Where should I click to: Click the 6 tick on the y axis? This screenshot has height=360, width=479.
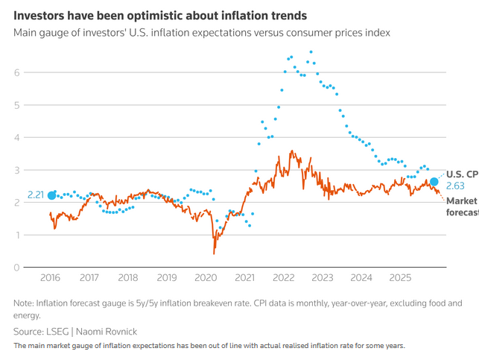(x=17, y=72)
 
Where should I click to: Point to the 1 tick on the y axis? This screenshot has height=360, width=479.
(x=17, y=235)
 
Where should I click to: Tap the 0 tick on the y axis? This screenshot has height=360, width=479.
(x=17, y=268)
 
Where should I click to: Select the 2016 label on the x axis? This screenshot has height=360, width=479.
(x=50, y=278)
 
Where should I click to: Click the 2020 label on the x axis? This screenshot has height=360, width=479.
(x=206, y=278)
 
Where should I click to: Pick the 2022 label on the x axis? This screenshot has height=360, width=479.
(x=284, y=278)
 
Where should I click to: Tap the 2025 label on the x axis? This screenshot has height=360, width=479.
(x=400, y=278)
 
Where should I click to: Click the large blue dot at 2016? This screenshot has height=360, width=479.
(x=51, y=195)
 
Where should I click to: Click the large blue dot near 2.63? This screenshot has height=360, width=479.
(x=434, y=182)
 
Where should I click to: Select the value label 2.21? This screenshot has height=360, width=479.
(x=37, y=195)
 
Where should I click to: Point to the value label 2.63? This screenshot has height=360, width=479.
(x=455, y=186)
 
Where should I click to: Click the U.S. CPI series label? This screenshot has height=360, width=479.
(x=462, y=174)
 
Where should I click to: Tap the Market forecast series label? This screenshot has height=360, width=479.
(x=462, y=206)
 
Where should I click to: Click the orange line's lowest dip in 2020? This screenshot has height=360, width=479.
(x=214, y=253)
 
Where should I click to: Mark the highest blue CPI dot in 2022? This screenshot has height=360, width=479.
(x=311, y=52)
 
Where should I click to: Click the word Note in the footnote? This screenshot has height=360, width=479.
(x=24, y=303)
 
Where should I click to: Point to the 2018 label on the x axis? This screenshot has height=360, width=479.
(x=128, y=278)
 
